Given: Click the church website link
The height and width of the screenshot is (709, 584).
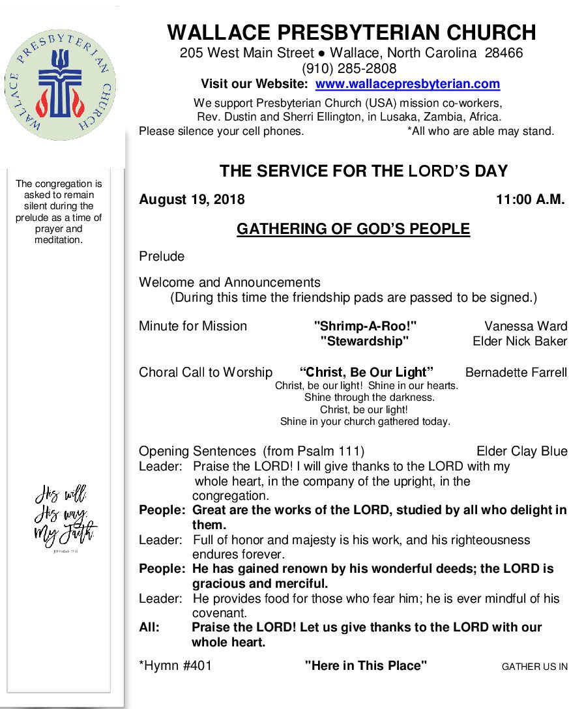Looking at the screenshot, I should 407,84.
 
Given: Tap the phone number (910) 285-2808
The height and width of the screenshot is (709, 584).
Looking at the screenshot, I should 349,68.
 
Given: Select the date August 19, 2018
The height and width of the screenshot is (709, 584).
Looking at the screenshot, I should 192,200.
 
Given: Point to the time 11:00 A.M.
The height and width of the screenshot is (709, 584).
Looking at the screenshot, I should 531,200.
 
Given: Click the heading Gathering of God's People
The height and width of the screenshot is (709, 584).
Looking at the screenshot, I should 353,229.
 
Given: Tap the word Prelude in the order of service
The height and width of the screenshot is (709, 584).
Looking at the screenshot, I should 162,256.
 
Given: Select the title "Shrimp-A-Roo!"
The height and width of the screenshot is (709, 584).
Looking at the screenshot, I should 365,326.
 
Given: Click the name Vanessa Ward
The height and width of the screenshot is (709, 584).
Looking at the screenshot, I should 525,326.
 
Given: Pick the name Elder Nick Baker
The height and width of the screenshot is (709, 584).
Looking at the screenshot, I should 519,341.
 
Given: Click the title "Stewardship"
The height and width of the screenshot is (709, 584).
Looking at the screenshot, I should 364,341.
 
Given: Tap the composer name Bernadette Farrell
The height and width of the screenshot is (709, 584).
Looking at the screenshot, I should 516,373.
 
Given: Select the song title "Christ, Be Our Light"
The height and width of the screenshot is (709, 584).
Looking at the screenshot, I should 366,373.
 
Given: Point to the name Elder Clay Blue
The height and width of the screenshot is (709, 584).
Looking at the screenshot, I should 521,451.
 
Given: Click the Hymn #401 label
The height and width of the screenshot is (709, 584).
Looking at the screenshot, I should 175,665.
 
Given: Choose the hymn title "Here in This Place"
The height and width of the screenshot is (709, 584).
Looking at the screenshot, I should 366,665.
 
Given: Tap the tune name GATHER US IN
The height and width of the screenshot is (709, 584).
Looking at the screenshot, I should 534,667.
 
